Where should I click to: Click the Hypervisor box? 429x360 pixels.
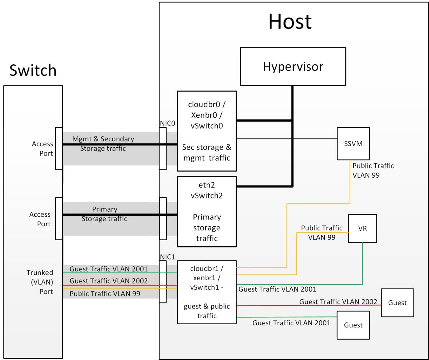(293, 67)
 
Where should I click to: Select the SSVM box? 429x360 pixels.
(353, 144)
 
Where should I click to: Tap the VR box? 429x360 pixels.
(363, 228)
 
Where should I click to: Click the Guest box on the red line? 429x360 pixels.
(398, 303)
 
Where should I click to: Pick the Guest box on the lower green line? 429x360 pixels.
(353, 325)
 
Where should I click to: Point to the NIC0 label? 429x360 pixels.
(167, 123)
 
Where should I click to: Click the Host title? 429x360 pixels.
(290, 21)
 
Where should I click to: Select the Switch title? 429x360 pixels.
(33, 70)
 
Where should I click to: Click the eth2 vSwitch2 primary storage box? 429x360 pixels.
(207, 211)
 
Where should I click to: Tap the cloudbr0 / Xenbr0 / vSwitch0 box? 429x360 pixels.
(207, 131)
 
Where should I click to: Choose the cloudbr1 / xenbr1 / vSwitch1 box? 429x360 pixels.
(207, 292)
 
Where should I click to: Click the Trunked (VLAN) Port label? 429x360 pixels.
(40, 282)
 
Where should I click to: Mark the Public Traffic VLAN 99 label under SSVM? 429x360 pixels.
(373, 171)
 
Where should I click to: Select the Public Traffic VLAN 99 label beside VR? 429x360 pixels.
(321, 232)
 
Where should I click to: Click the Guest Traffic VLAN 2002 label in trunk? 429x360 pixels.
(108, 281)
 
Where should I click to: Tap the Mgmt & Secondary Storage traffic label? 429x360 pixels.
(103, 143)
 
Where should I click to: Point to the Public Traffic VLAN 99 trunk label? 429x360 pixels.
(105, 294)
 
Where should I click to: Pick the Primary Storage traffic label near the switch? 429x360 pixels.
(104, 214)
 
